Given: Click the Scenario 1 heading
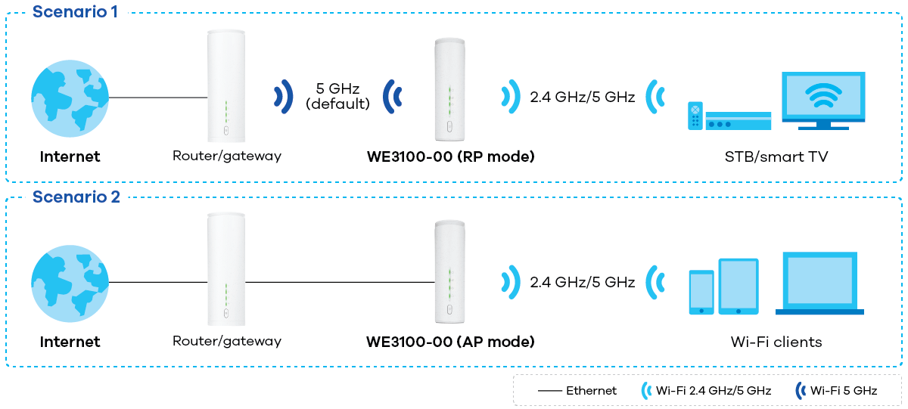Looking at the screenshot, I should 75,13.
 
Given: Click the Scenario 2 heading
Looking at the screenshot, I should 76,197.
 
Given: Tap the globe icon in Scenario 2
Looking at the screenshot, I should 70,282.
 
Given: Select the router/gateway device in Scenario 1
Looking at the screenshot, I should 226,85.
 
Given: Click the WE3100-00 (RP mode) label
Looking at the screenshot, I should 450,156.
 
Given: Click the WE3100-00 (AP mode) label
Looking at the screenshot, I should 450,342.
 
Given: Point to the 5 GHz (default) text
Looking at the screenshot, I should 338,96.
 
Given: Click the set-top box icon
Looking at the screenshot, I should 738,121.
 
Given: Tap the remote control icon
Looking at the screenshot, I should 695,116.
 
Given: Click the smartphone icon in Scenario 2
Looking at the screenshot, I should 701,292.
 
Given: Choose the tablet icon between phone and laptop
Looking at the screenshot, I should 738,287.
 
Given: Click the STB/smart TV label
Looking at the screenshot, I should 776,156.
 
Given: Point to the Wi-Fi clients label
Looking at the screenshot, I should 776,342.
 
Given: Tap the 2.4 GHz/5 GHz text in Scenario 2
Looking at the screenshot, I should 582,282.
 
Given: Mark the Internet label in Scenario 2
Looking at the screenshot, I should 70,342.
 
